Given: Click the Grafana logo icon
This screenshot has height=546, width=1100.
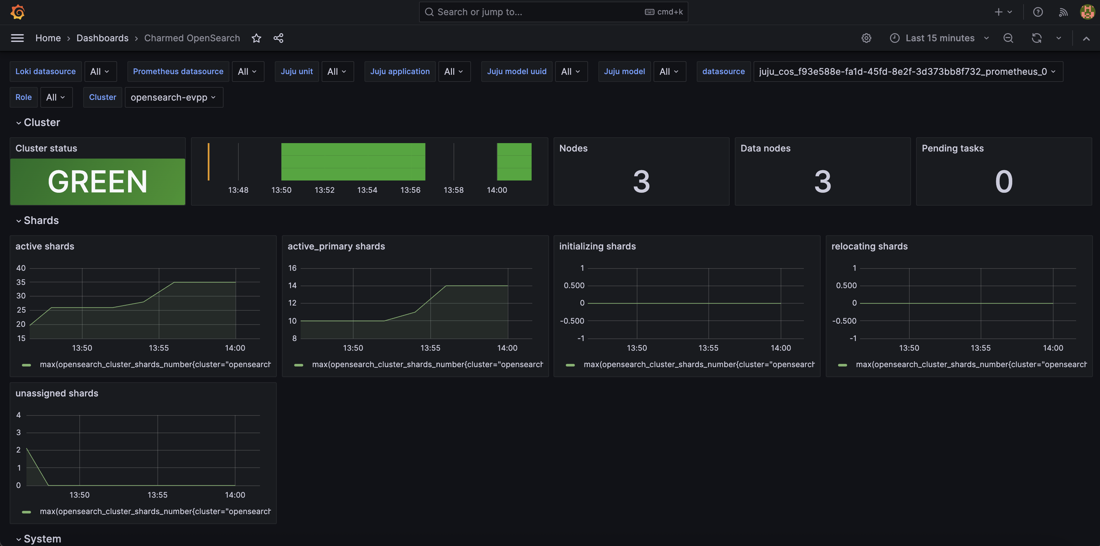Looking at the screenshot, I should pos(17,12).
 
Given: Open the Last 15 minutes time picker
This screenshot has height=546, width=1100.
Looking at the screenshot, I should pos(939,38).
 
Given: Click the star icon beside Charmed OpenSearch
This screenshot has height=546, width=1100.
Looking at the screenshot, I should pos(256,38).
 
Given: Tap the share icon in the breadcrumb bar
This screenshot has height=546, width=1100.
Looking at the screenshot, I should pos(278,38).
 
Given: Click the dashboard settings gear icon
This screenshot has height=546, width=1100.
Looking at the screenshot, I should pos(866,38).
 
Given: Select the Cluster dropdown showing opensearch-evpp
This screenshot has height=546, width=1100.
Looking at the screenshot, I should pos(173,97).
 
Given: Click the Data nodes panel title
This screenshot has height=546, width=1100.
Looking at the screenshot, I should pos(765,149).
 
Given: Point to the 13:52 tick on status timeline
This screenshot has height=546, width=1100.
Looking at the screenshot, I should pos(325,190).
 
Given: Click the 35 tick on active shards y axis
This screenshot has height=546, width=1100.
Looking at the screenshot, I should pos(21,282).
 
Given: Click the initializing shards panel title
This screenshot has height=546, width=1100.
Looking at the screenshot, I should pos(597,246).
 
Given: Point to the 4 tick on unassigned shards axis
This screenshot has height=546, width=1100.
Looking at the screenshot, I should pos(18,415).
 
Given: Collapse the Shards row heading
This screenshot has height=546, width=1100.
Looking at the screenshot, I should pos(41,220).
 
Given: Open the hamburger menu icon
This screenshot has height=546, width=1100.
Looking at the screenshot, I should pos(17,38).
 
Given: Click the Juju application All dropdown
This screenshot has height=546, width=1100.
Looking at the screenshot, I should pos(454,72).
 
